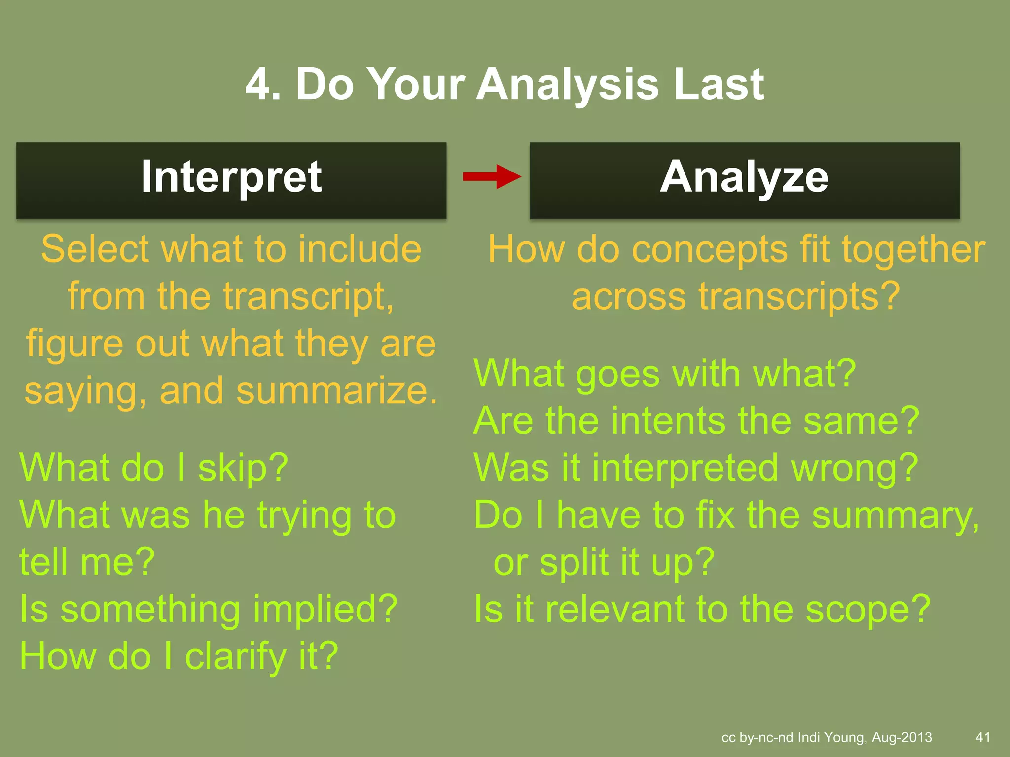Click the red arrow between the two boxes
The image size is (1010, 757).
click(x=491, y=176)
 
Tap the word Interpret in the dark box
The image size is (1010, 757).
click(x=231, y=177)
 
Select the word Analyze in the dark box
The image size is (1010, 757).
click(x=744, y=177)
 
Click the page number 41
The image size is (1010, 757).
click(x=983, y=737)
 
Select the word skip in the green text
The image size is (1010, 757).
click(x=242, y=468)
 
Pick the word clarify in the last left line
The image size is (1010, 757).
click(x=235, y=657)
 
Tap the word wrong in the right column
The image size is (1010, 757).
click(x=854, y=468)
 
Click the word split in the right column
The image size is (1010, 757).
click(x=574, y=563)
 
